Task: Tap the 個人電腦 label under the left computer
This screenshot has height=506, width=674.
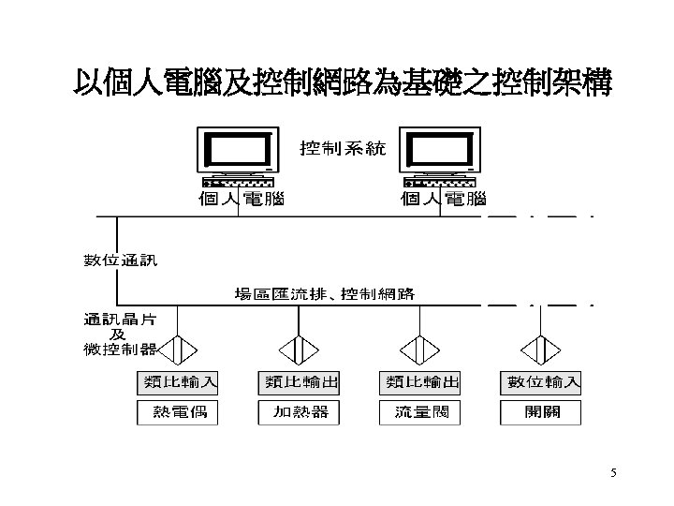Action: [x=240, y=199]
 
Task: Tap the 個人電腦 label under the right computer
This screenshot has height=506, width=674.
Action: [x=443, y=199]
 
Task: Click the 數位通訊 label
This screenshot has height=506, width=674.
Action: [x=121, y=260]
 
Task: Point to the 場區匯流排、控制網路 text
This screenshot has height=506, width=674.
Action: [x=324, y=294]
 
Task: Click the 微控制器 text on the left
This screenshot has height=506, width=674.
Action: [x=120, y=350]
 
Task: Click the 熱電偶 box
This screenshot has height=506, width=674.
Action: [x=178, y=411]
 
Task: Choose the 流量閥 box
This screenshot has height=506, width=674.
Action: [x=421, y=411]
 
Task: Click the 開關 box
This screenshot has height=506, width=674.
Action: [x=540, y=411]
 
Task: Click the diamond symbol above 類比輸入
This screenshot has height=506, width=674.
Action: [x=178, y=349]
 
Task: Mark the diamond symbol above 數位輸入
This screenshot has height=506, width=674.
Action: [x=541, y=349]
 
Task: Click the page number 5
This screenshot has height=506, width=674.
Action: [x=613, y=472]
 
